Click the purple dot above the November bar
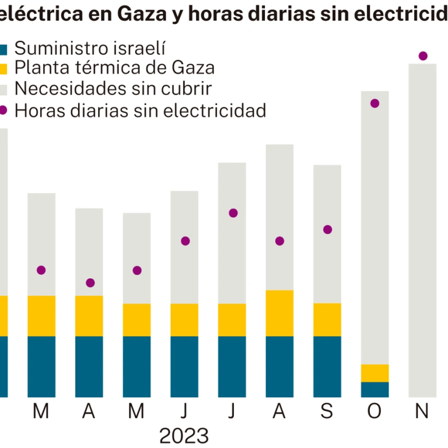423,56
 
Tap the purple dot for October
374,103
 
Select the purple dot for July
233,213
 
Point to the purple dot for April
90,283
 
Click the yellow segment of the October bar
374,373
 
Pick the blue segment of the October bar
374,389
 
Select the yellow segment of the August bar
279,313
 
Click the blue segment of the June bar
184,366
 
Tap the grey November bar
423,233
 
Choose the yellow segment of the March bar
41,316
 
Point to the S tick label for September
327,411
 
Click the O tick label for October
374,411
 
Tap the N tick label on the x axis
422,411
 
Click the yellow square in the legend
3,69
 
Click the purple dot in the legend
3,110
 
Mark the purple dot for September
327,230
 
